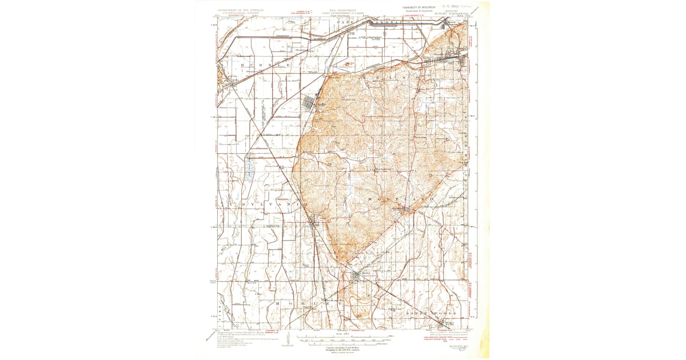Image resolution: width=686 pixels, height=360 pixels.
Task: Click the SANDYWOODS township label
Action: (x=432, y=314)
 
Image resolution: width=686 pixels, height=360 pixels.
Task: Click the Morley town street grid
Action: (x=356, y=277)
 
